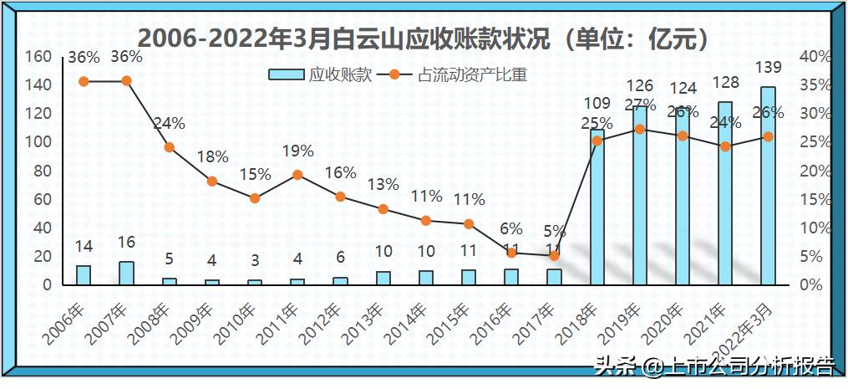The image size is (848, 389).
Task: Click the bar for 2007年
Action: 126,274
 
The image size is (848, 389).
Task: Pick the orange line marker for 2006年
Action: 84,81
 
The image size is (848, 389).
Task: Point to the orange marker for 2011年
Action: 297,175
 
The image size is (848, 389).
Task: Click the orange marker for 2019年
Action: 640,129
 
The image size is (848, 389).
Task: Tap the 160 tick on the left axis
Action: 38,57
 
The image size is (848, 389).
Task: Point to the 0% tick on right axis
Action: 811,285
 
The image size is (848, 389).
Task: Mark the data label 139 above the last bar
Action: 768,67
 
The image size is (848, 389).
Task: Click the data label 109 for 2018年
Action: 597,105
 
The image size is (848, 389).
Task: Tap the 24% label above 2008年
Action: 170,124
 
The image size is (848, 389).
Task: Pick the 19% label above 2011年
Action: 297,151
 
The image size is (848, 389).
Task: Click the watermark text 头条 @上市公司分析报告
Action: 714,366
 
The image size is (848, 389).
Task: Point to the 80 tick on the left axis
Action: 43,171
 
